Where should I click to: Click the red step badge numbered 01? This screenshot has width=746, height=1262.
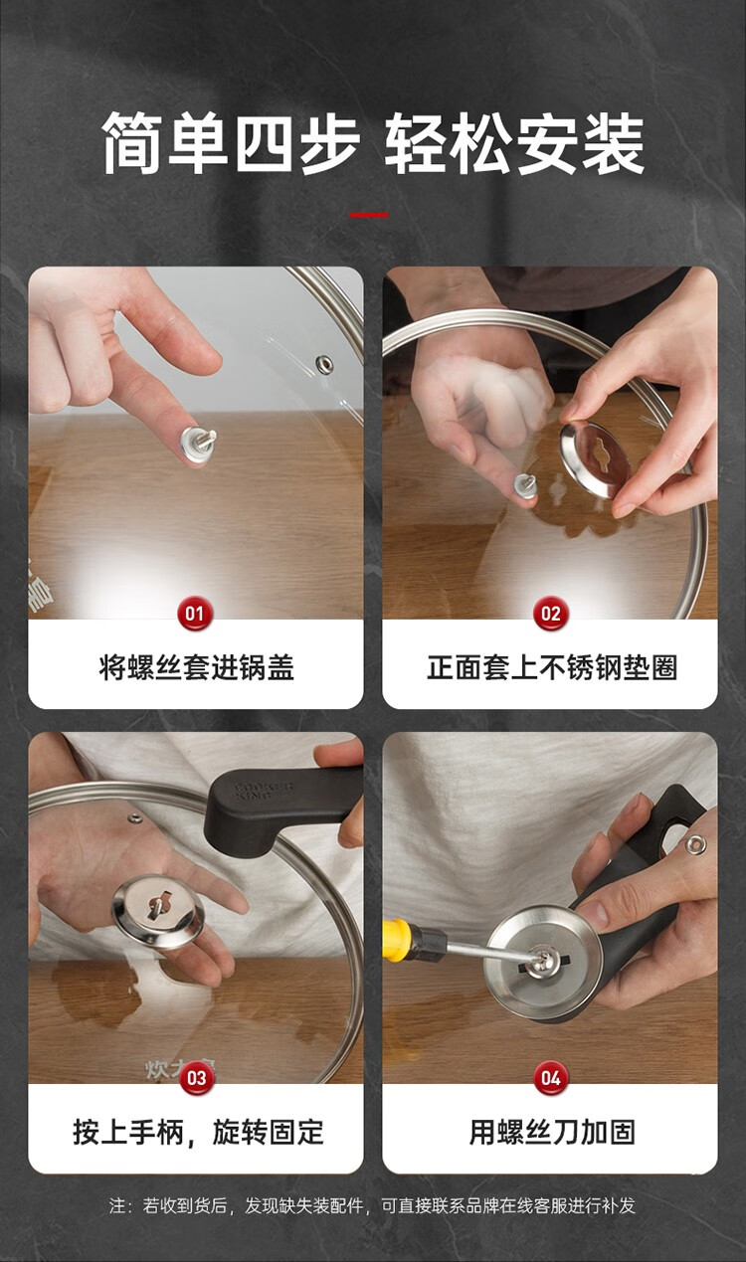(195, 613)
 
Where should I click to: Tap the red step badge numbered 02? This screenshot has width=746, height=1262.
(550, 613)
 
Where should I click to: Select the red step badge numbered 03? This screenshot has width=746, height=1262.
(197, 1078)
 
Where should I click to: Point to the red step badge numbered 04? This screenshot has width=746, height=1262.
(550, 1078)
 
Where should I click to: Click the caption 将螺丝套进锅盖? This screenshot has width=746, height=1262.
(196, 667)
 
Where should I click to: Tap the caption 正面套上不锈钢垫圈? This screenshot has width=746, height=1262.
(551, 667)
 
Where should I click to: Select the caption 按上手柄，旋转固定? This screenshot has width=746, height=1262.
(198, 1132)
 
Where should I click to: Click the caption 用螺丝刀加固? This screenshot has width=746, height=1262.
(552, 1132)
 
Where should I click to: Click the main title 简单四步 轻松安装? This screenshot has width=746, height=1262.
(373, 143)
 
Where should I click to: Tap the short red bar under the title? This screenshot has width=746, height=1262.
(369, 215)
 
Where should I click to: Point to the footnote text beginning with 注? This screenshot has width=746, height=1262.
(372, 1205)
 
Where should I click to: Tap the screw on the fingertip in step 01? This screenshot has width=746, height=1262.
(197, 444)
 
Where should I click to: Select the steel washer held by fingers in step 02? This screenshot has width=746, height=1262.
(595, 460)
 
